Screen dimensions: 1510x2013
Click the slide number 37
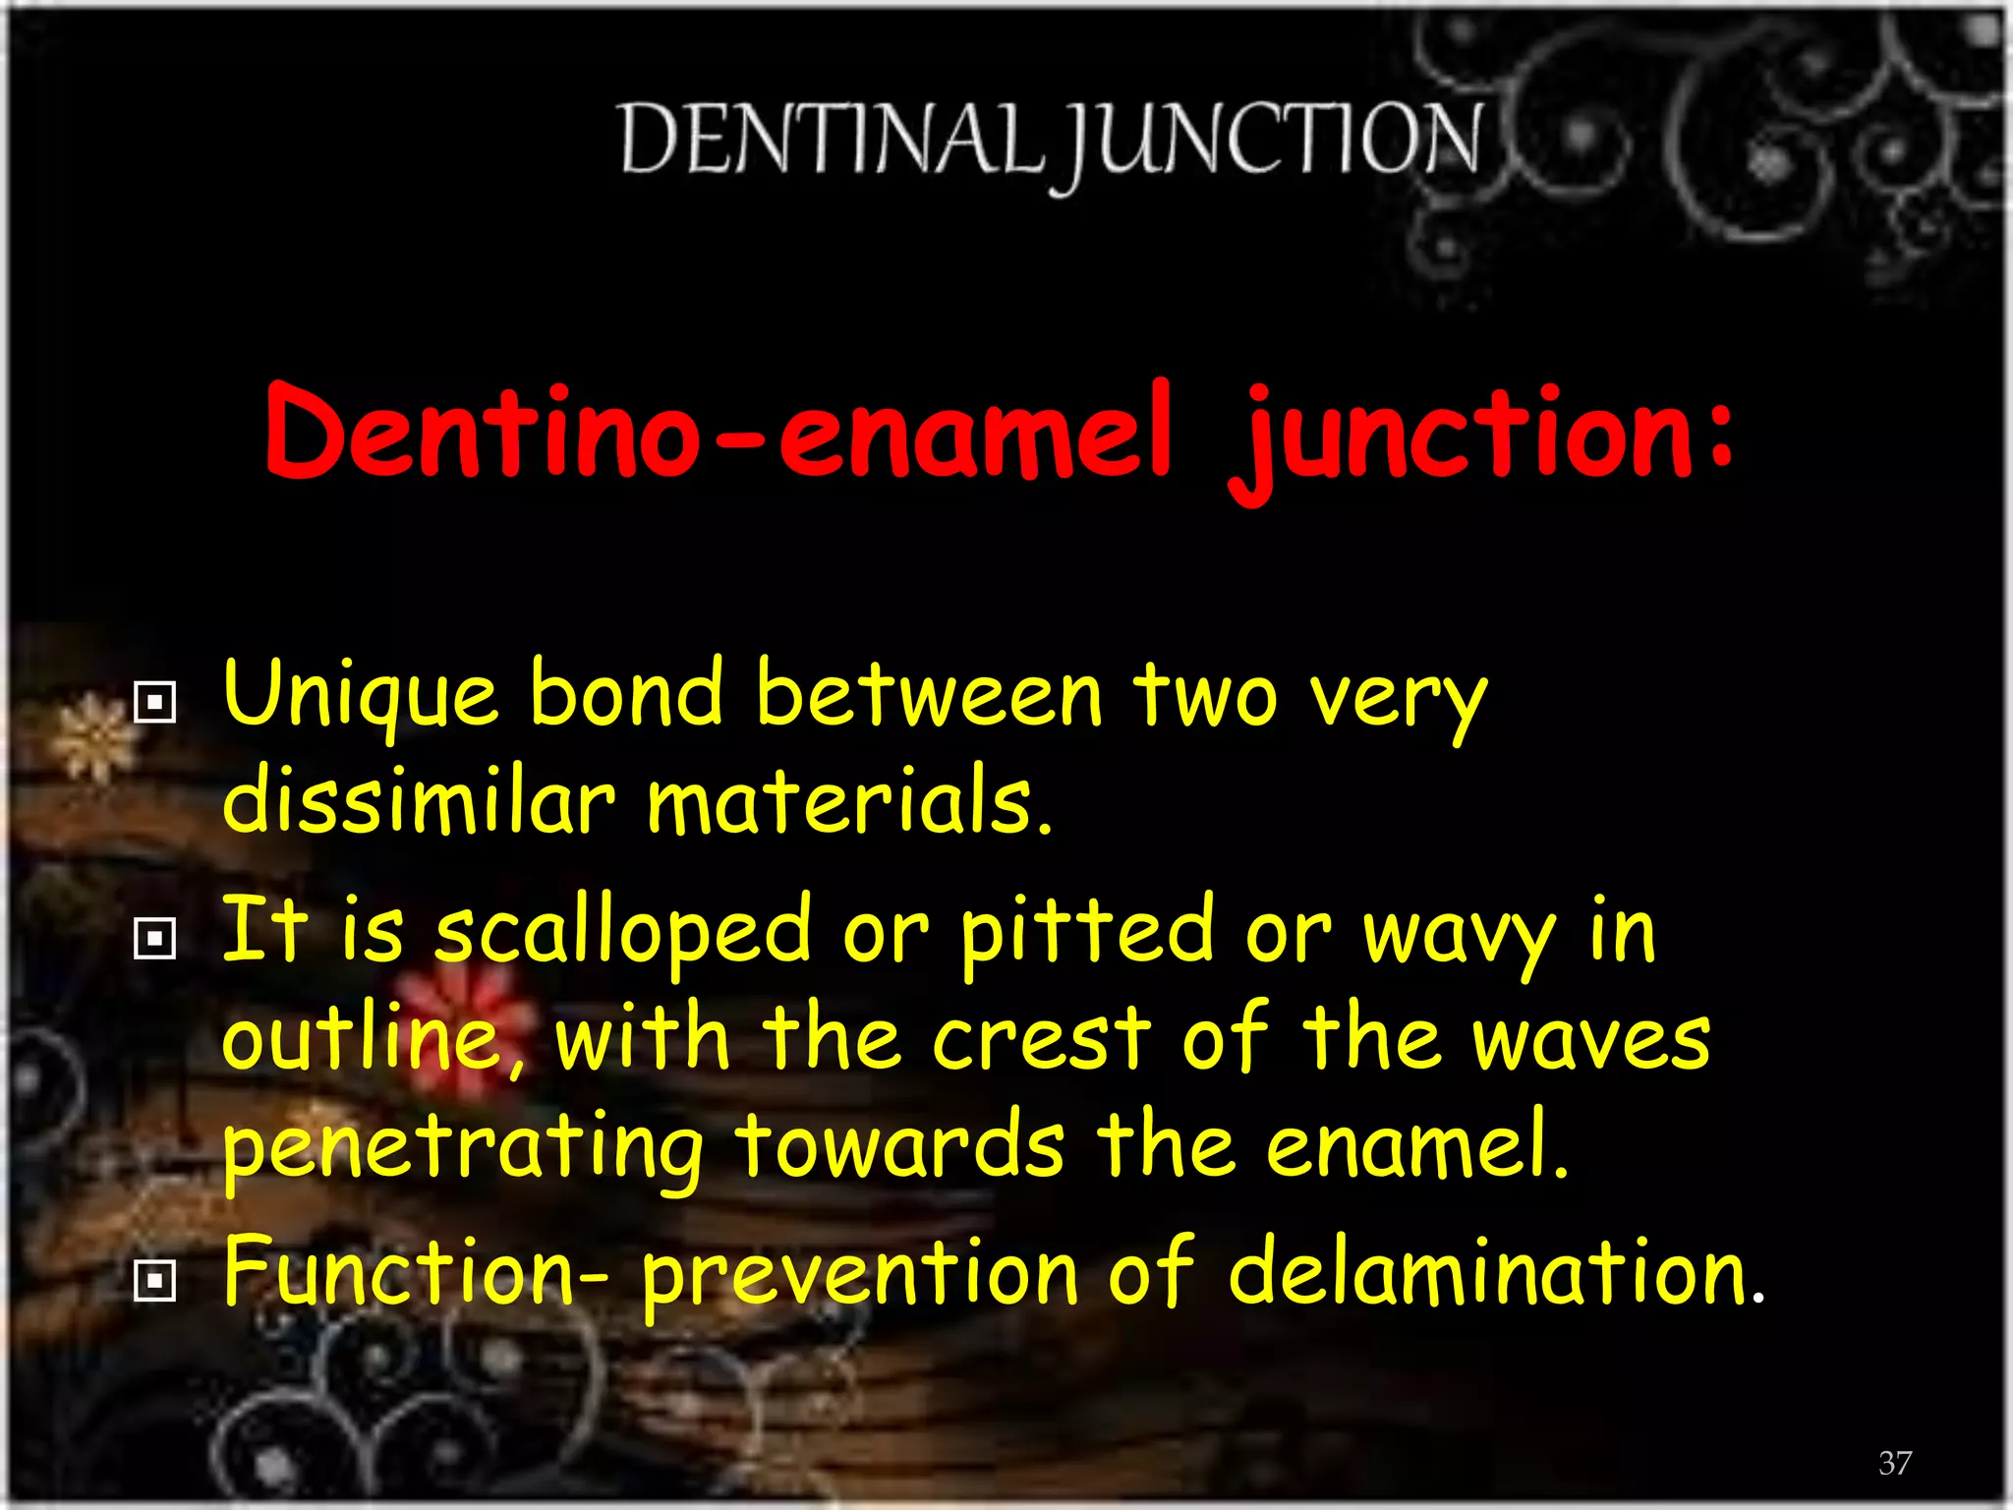(1895, 1463)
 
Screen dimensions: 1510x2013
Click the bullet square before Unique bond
(154, 703)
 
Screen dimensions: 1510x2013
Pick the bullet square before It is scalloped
(154, 939)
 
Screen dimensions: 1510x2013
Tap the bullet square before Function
(154, 1280)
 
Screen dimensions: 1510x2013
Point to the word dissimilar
(419, 801)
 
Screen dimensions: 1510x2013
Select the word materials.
(849, 801)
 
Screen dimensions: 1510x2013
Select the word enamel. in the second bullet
(1416, 1145)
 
